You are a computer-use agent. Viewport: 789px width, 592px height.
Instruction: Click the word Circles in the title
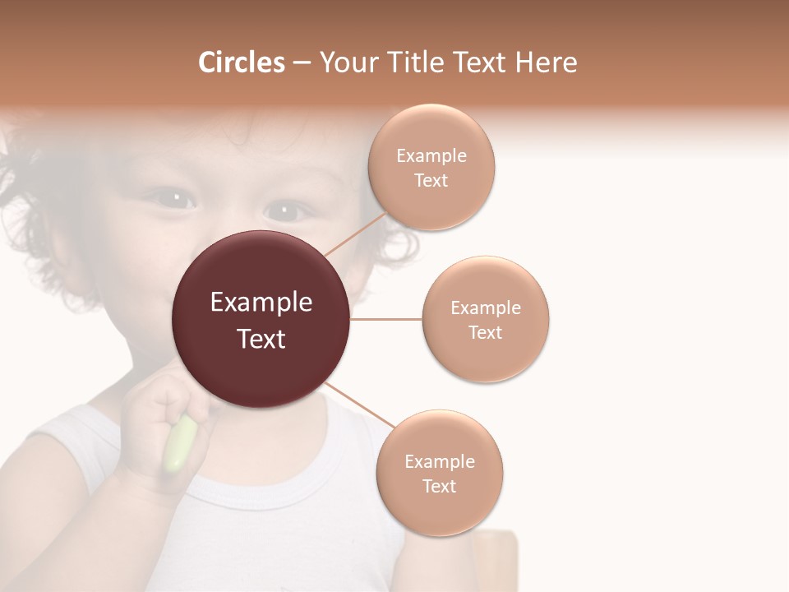point(242,62)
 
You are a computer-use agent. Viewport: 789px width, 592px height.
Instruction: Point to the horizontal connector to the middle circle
point(386,319)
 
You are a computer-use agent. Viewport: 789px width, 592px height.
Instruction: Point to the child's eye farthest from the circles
point(174,198)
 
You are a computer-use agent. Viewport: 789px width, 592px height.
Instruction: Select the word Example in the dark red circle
point(261,303)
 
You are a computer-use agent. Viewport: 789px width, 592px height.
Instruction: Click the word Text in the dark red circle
point(261,339)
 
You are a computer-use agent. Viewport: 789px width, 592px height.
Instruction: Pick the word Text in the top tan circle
point(431,181)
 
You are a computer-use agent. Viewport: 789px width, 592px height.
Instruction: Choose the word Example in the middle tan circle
point(486,308)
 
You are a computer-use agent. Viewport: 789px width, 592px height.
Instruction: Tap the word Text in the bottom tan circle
point(439,487)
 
